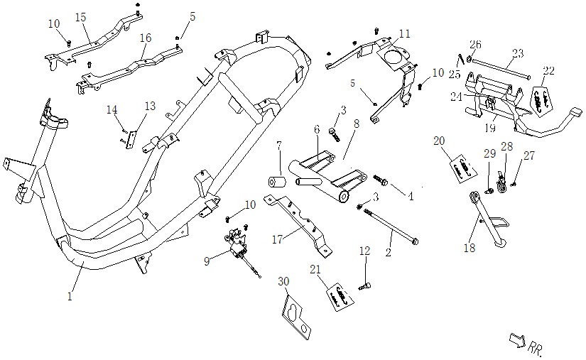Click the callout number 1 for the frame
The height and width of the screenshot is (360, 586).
(x=70, y=297)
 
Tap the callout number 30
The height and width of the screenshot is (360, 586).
(x=284, y=282)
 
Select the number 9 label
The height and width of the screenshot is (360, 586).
(x=207, y=261)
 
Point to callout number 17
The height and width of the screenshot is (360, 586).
(x=278, y=239)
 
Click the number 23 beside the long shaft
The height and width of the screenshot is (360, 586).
(x=517, y=53)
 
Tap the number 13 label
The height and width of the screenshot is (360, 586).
(x=149, y=106)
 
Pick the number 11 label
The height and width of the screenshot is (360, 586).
(x=404, y=33)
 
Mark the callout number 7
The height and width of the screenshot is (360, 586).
(x=279, y=146)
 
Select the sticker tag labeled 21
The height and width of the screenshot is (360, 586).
(x=339, y=294)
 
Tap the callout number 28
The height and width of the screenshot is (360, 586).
(x=506, y=147)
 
